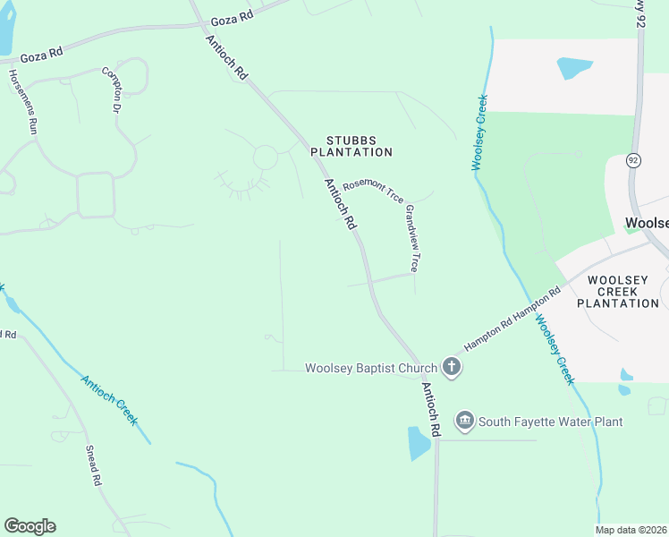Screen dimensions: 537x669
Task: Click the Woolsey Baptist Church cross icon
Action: [x=452, y=367]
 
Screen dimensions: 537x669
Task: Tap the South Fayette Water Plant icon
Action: [x=464, y=421]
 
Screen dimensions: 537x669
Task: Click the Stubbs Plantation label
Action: [x=351, y=146]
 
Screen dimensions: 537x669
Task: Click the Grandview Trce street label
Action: [x=412, y=238]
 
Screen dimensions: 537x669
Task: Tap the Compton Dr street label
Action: [x=111, y=89]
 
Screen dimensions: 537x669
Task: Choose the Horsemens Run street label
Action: [x=24, y=101]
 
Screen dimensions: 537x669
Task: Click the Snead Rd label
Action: [x=94, y=465]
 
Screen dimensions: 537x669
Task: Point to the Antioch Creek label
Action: [x=108, y=399]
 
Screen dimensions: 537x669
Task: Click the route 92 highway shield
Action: [x=633, y=161]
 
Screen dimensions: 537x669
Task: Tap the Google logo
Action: [x=30, y=526]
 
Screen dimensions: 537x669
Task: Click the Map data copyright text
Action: [x=630, y=530]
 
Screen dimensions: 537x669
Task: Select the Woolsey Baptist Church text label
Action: [x=370, y=368]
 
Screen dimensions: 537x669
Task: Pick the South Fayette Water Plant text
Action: [x=550, y=422]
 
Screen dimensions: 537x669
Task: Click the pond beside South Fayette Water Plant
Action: [x=418, y=442]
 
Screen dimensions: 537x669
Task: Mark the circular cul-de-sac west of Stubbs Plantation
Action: [x=266, y=158]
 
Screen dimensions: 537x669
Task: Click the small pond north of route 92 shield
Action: [x=573, y=67]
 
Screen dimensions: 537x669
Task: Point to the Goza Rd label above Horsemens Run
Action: [x=42, y=54]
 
